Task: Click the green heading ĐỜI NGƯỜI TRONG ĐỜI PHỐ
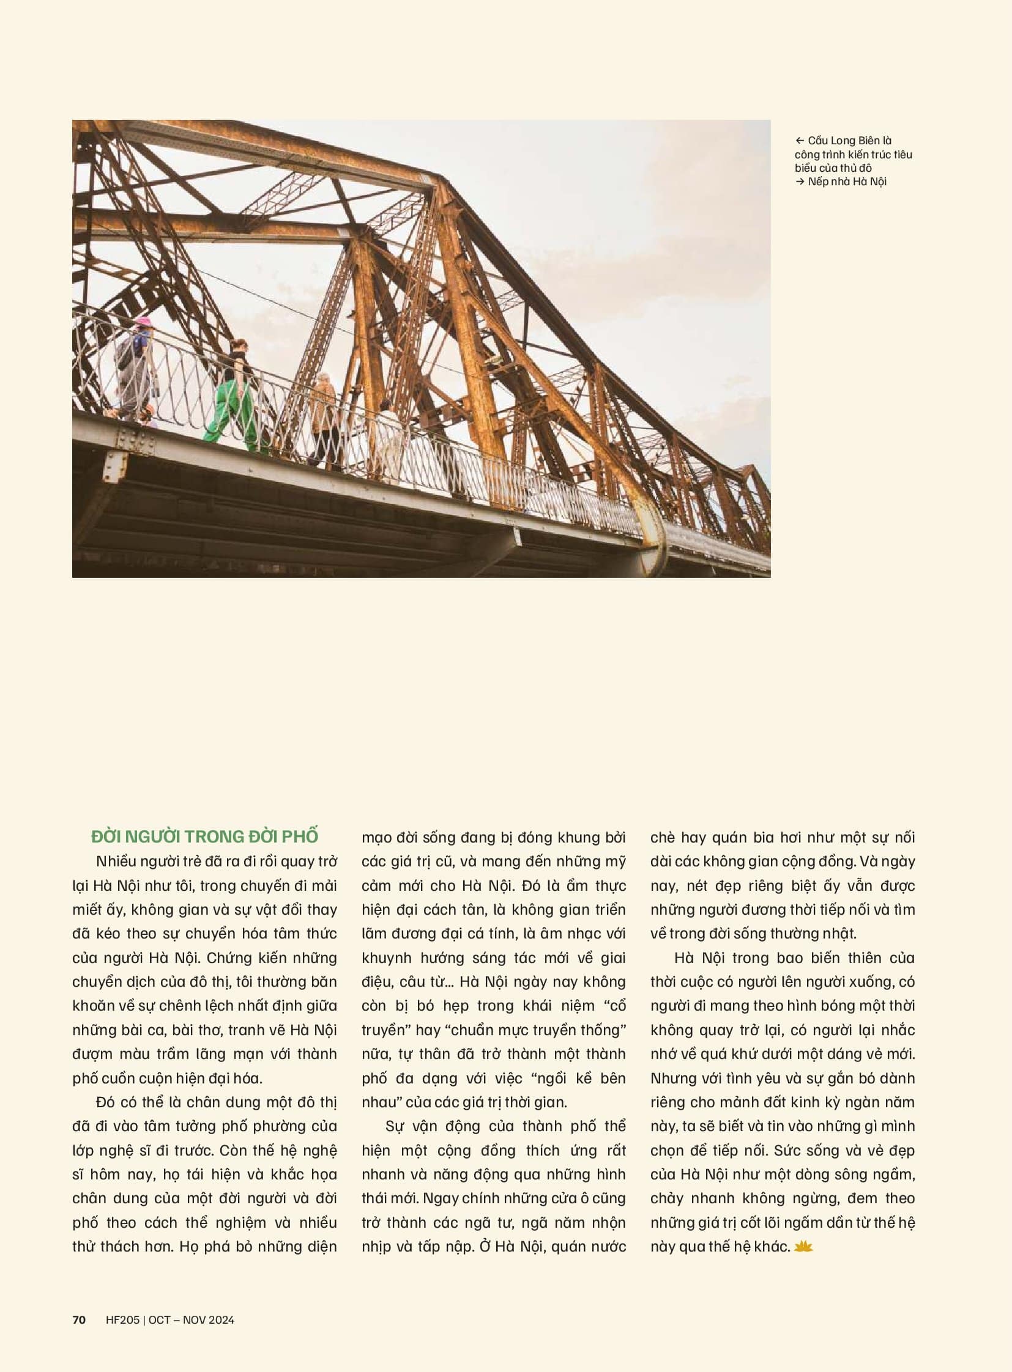(204, 836)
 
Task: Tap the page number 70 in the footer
(79, 1320)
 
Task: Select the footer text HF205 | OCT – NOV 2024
(169, 1320)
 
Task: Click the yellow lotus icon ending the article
(803, 1247)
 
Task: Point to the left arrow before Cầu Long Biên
(800, 141)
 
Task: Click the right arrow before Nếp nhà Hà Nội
(800, 182)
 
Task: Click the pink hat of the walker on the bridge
(143, 321)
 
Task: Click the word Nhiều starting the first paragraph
(116, 861)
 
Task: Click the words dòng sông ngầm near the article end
(862, 1175)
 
